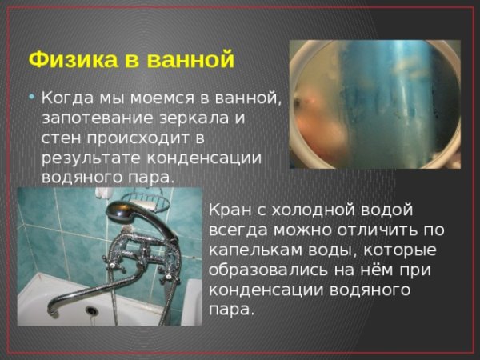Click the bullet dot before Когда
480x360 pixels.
pyautogui.click(x=31, y=96)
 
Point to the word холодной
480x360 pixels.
pyautogui.click(x=311, y=210)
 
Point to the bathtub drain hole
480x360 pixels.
pyautogui.click(x=90, y=310)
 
